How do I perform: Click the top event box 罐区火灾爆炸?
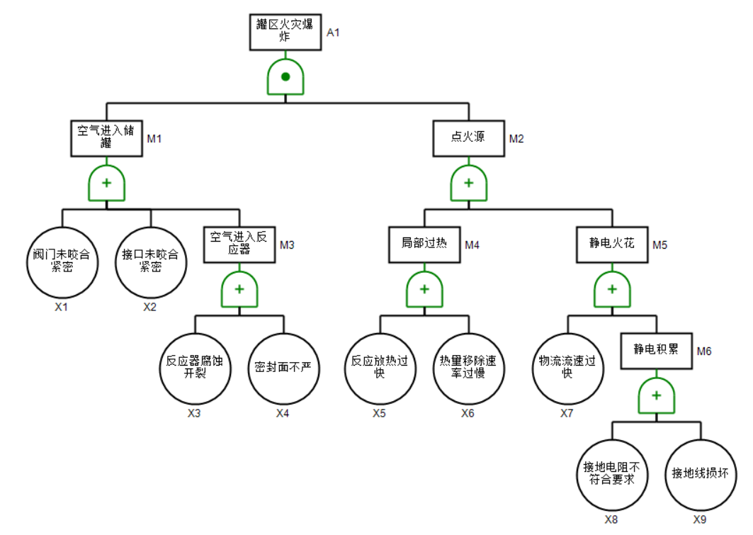point(285,32)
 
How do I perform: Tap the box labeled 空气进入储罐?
point(106,137)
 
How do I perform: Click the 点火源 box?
point(468,137)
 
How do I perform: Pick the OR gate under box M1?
point(106,184)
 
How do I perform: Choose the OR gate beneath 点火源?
point(468,184)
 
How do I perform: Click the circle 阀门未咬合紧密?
point(62,261)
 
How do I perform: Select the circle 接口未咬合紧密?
point(150,261)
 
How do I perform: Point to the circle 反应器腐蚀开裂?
point(194,368)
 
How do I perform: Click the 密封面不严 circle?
point(283,368)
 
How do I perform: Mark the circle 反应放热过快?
point(380,368)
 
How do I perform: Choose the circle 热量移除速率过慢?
point(468,368)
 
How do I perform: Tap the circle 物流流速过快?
point(567,368)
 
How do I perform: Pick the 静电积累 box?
point(657,350)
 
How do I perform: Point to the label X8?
point(611,519)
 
